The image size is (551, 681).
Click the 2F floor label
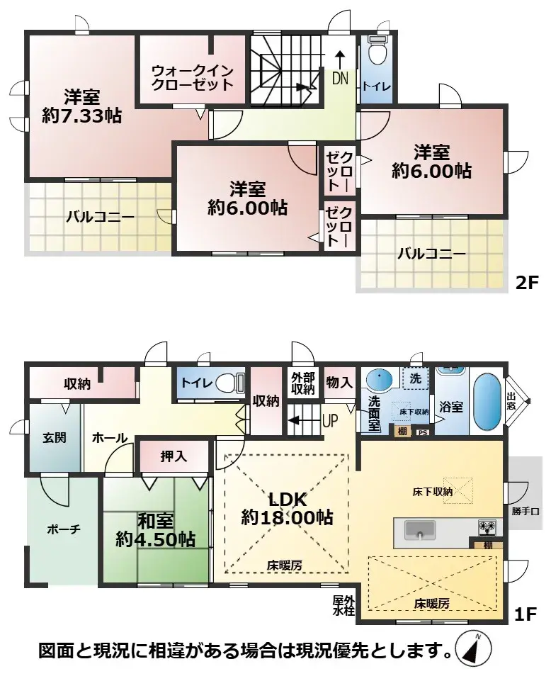526,283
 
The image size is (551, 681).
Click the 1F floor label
525,614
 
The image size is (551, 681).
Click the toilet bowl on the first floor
228,383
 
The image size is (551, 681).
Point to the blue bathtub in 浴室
487,403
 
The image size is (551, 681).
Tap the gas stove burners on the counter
487,527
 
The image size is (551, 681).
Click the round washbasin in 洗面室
379,378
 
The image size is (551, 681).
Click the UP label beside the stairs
331,420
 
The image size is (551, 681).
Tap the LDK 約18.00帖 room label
287,508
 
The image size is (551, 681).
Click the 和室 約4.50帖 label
155,530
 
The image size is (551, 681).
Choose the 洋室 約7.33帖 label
81,106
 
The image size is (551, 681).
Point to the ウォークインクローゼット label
193,77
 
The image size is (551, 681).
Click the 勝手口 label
526,511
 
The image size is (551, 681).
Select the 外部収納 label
302,383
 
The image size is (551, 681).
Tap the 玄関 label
55,437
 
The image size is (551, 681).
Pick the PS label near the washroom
422,432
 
